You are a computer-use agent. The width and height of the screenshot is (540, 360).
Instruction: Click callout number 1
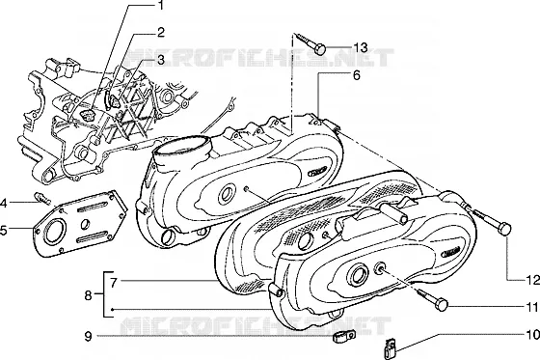160,6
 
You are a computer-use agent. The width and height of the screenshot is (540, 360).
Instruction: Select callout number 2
160,33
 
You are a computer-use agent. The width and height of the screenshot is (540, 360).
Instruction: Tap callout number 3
160,60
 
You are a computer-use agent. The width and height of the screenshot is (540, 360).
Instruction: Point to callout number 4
3,203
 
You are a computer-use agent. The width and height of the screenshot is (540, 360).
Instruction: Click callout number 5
3,231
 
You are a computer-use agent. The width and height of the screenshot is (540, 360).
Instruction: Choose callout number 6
357,74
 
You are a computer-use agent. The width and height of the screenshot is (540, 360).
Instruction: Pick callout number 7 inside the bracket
115,283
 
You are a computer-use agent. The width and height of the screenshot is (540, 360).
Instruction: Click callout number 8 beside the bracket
88,295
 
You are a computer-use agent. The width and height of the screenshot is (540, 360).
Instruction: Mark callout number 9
88,336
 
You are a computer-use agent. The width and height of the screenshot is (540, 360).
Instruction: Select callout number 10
532,335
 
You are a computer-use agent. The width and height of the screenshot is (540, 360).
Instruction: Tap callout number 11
531,307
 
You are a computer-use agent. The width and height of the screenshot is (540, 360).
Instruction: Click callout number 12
532,280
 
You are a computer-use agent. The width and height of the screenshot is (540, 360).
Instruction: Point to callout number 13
361,47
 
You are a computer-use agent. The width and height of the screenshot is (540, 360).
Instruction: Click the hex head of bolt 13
320,49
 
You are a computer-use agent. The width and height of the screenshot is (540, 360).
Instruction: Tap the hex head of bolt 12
505,230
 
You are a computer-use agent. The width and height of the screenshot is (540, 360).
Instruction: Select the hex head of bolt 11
442,305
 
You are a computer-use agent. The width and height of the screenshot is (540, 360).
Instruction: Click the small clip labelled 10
390,349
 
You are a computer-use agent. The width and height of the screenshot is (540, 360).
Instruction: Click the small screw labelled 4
42,198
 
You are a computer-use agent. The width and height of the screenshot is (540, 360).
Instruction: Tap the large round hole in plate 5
55,231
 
